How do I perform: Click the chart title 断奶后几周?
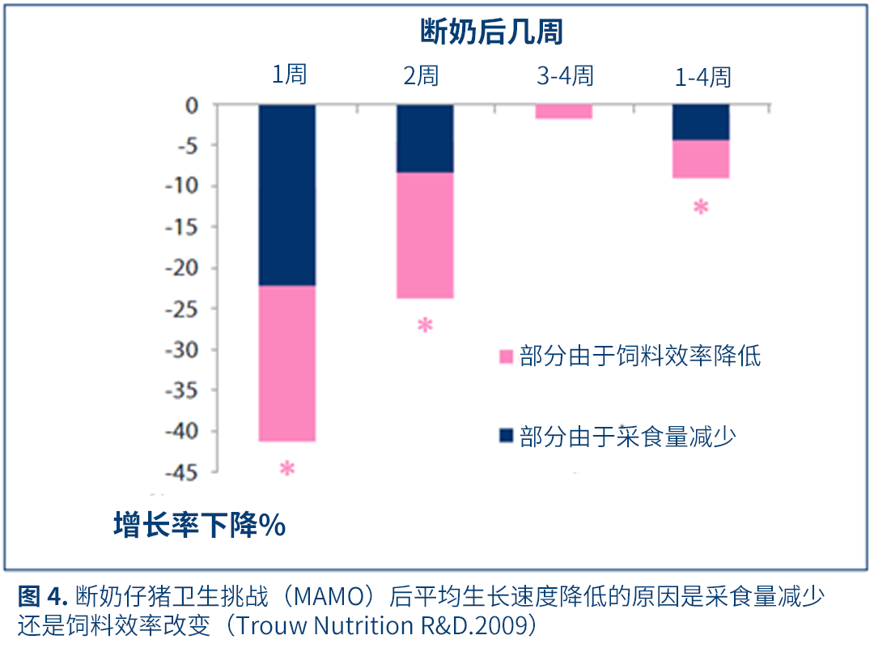click(491, 32)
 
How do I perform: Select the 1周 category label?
click(289, 76)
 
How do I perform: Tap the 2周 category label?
click(421, 76)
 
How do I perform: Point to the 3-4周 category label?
click(565, 76)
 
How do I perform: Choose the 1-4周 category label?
click(702, 77)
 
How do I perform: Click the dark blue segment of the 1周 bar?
click(287, 194)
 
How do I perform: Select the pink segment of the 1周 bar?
click(287, 363)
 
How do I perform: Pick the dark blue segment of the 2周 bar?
click(425, 139)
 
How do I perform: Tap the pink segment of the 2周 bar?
click(425, 235)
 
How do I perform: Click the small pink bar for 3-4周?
click(563, 112)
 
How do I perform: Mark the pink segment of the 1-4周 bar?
click(701, 159)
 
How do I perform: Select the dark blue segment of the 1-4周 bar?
click(701, 122)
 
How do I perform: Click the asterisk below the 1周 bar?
click(286, 469)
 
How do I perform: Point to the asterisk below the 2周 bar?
click(425, 326)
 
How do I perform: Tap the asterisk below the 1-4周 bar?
click(701, 207)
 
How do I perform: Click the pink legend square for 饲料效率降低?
click(507, 356)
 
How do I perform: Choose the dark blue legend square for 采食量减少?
click(507, 437)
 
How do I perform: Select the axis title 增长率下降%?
click(199, 526)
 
